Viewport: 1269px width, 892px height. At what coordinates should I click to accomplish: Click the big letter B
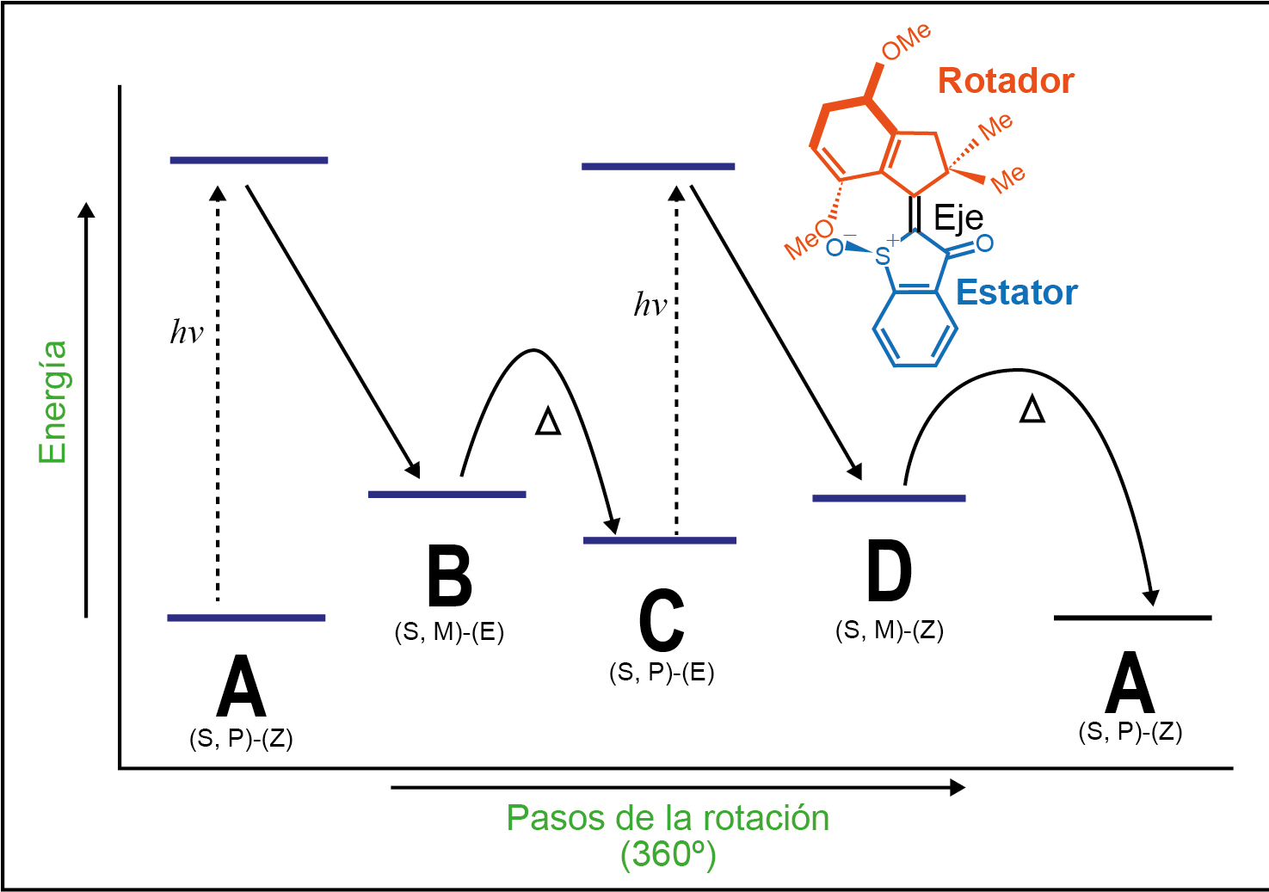click(450, 576)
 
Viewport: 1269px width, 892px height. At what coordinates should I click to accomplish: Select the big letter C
click(662, 620)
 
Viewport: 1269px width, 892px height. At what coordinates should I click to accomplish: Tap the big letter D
click(889, 572)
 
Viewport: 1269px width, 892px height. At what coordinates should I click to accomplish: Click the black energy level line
click(1132, 618)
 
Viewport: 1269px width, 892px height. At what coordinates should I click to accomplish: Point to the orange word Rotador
click(1006, 81)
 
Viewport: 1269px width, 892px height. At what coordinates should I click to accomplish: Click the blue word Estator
click(1016, 292)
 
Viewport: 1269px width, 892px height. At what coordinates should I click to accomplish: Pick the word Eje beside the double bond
click(958, 217)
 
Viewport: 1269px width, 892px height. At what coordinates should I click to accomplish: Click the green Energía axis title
click(53, 402)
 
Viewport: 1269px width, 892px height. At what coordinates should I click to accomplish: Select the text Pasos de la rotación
click(668, 818)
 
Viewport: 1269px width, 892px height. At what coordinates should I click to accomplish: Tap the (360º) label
click(668, 854)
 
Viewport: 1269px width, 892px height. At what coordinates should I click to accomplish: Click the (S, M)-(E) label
click(449, 632)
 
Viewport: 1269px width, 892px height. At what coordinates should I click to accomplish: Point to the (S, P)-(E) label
click(662, 672)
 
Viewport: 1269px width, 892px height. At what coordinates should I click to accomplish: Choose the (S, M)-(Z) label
click(889, 631)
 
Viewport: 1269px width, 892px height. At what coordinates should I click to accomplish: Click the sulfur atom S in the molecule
click(882, 256)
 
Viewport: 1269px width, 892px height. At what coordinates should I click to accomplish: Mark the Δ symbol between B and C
click(548, 422)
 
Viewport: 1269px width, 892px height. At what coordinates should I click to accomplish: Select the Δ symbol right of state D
click(1032, 409)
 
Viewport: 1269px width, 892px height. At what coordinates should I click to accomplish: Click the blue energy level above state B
click(447, 495)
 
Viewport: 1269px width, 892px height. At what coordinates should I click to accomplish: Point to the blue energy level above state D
click(889, 498)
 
